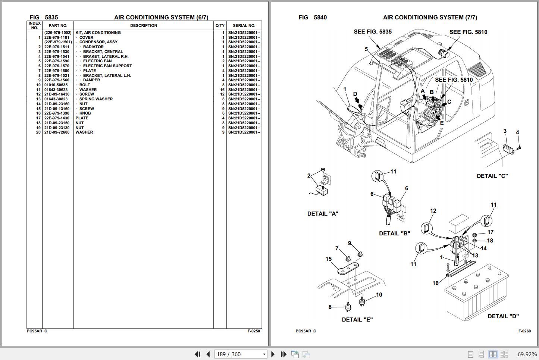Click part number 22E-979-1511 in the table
tap(57, 47)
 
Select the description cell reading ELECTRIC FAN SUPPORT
tap(107, 66)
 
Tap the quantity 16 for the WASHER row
tap(222, 90)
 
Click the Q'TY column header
tap(220, 25)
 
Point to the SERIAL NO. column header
tap(244, 25)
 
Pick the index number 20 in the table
tap(38, 132)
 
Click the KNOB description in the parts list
tap(85, 113)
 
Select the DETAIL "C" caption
tap(492, 176)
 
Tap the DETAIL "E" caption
tap(357, 320)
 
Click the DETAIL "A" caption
tap(323, 214)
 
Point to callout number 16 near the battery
tap(435, 283)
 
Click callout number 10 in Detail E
tap(379, 295)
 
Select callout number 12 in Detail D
tap(433, 210)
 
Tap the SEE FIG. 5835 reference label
tap(373, 32)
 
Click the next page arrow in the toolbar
tap(273, 354)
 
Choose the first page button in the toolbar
tap(198, 354)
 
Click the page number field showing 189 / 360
tap(241, 354)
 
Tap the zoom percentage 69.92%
tap(527, 354)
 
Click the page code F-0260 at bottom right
tap(524, 331)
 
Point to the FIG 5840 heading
tap(313, 17)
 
